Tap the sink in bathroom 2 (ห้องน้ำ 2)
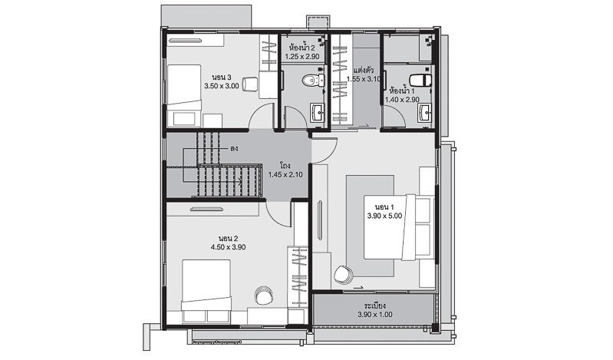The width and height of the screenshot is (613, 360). (x=317, y=112)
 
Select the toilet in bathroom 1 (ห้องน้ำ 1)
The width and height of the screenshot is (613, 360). (x=420, y=79)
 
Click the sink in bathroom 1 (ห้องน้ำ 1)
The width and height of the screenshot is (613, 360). (x=424, y=114)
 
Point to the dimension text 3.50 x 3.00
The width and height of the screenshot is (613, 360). (x=221, y=86)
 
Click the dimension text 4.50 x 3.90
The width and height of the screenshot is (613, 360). (x=229, y=247)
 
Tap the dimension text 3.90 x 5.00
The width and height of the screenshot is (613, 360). (x=384, y=216)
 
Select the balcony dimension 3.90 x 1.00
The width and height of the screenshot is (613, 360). (x=375, y=315)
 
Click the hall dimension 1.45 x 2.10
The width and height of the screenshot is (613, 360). (x=285, y=175)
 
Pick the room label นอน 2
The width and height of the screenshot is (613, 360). (x=229, y=239)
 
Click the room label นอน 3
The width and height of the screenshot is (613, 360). (x=222, y=77)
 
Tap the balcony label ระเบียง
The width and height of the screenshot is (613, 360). (x=375, y=306)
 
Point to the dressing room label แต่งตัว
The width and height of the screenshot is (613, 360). (x=364, y=71)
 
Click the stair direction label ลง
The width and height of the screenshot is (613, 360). (x=234, y=149)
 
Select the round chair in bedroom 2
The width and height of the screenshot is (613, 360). (x=262, y=295)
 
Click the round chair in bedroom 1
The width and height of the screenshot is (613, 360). (x=344, y=274)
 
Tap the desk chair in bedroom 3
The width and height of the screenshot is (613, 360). (x=249, y=84)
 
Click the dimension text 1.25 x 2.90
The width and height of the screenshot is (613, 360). (x=302, y=57)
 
